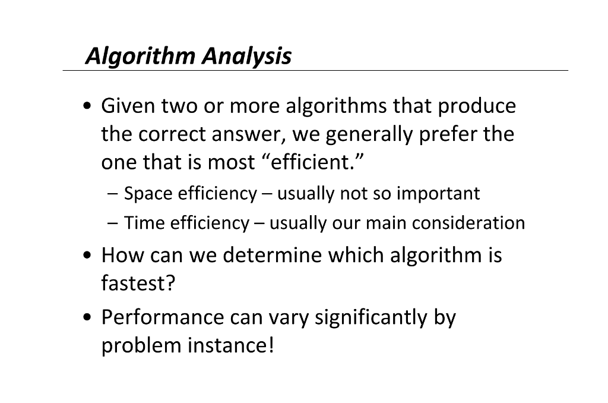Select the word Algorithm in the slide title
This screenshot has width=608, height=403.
[x=140, y=57]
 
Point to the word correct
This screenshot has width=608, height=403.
[x=172, y=135]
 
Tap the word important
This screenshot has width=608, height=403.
[x=438, y=194]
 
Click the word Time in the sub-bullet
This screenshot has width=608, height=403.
[x=144, y=223]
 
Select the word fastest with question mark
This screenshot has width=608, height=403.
[x=139, y=284]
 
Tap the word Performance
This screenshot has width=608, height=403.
[x=162, y=317]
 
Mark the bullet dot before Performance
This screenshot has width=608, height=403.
[x=88, y=318]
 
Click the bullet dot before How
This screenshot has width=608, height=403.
[x=88, y=256]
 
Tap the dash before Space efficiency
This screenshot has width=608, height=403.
[x=113, y=194]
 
